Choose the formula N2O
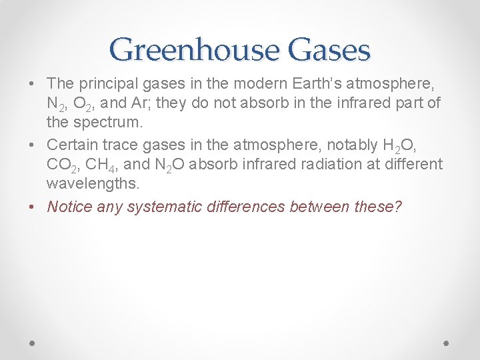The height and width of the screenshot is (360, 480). (x=166, y=165)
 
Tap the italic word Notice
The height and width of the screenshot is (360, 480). (x=70, y=206)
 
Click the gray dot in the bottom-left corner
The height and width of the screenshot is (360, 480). (x=33, y=342)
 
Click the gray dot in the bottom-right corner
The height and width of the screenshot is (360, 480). (x=446, y=342)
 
